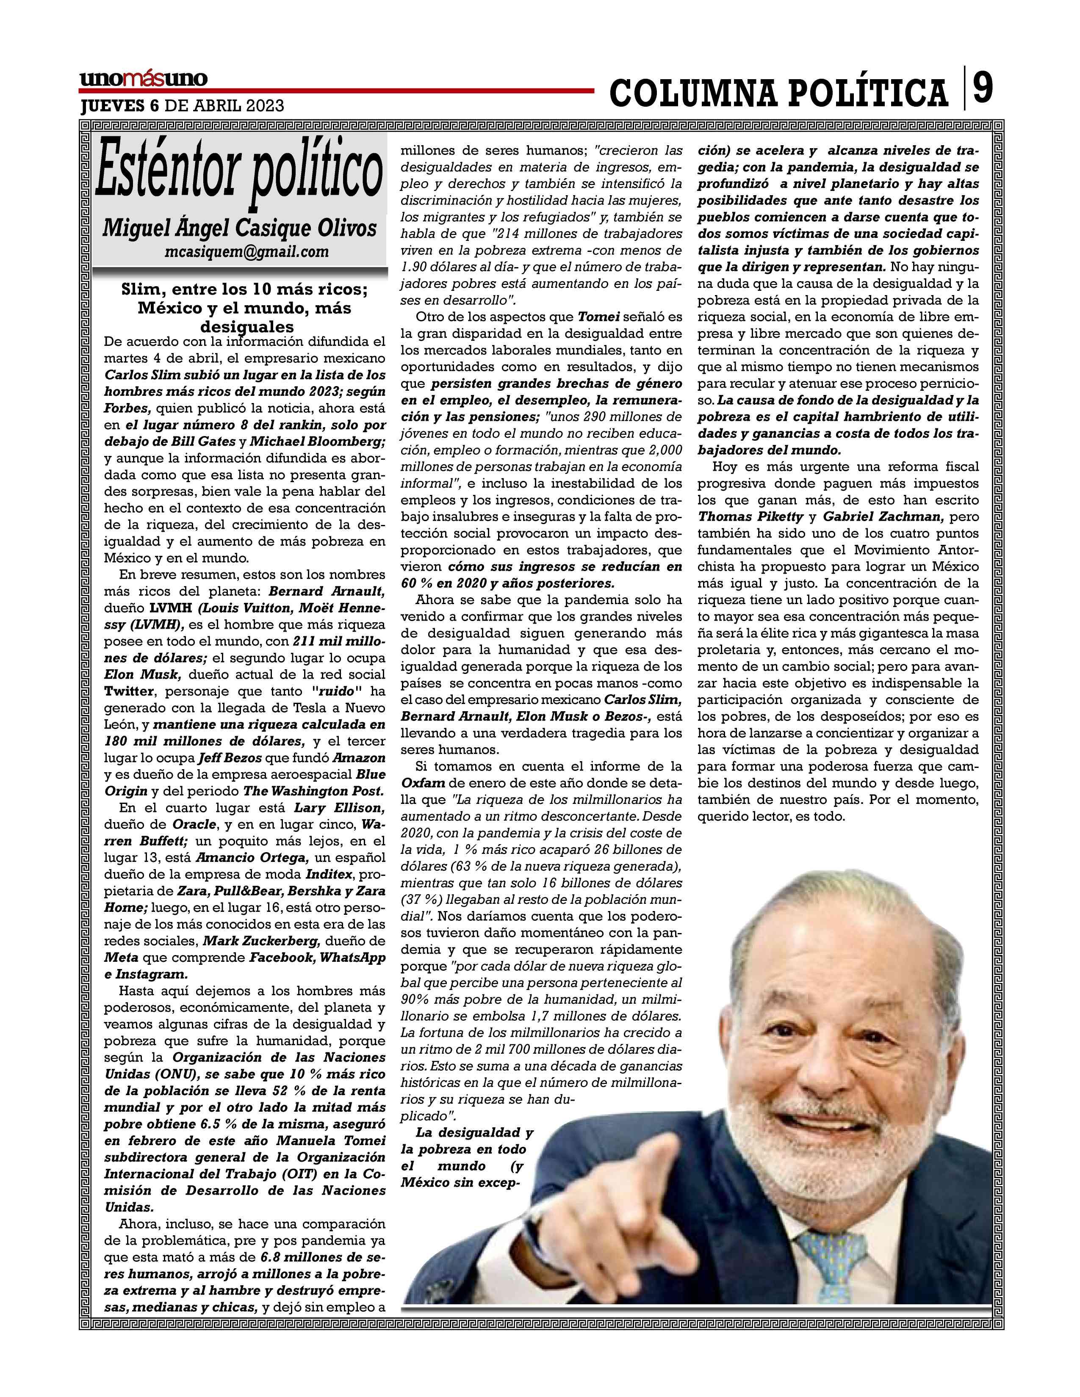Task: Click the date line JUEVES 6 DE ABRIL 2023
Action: click(182, 105)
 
